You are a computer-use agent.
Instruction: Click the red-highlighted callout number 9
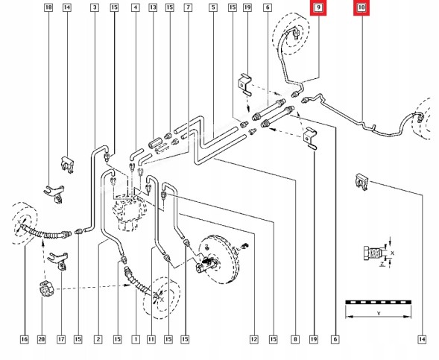tap(318, 7)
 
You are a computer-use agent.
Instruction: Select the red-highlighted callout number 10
tap(361, 7)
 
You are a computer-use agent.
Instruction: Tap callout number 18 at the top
tap(48, 7)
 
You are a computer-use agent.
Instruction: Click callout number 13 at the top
tap(153, 7)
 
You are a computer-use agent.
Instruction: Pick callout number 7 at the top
tap(188, 7)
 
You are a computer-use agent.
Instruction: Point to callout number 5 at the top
tap(213, 7)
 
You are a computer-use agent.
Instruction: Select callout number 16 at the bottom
tap(25, 339)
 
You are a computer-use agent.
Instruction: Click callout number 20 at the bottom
tap(42, 339)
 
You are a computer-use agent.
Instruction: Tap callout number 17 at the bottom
tap(61, 339)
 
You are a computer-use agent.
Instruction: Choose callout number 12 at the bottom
tap(254, 339)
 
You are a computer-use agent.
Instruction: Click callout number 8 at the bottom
tap(295, 339)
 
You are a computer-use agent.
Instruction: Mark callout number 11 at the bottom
tap(151, 339)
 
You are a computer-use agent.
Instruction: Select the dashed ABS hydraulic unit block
tap(129, 213)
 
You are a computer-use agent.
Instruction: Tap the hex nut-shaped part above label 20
tap(45, 288)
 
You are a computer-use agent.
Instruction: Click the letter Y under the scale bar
tap(379, 314)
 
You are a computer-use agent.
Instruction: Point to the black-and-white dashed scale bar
tap(378, 302)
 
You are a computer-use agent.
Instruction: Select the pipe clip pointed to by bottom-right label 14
tap(361, 182)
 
